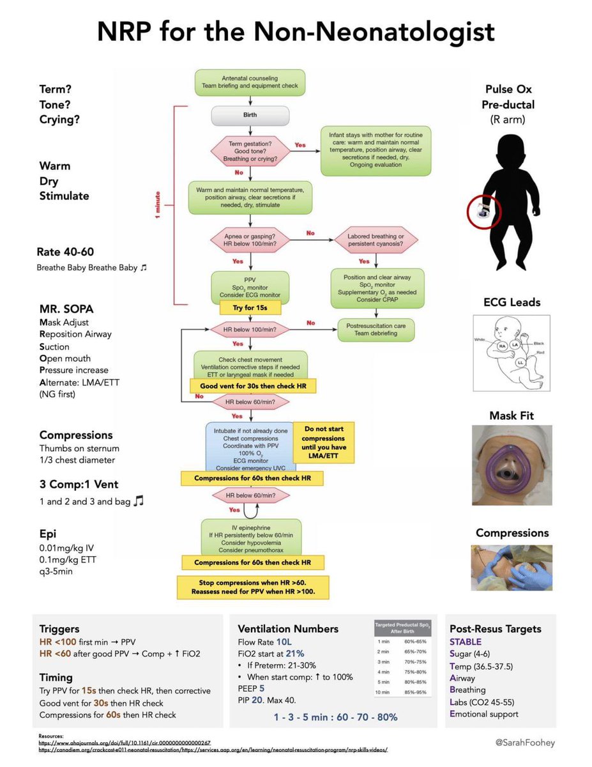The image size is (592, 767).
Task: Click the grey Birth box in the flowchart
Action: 250,116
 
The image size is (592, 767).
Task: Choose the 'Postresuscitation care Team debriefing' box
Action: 376,329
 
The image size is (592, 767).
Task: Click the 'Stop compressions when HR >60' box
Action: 252,586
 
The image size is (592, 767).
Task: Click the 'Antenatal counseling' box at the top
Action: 250,82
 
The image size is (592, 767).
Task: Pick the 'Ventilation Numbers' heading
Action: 288,628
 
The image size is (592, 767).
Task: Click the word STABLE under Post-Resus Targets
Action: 466,642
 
